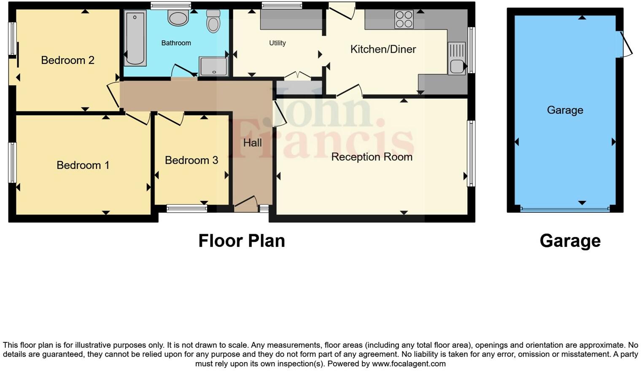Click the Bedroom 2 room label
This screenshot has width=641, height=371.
pyautogui.click(x=67, y=60)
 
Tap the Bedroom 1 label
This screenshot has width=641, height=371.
pyautogui.click(x=83, y=165)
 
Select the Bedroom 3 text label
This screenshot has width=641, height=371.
pyautogui.click(x=191, y=160)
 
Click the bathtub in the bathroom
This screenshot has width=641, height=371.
pyautogui.click(x=135, y=38)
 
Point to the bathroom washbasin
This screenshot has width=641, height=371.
pyautogui.click(x=178, y=18)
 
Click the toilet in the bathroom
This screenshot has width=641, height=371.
pyautogui.click(x=213, y=21)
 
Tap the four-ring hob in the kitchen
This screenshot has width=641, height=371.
pyautogui.click(x=404, y=19)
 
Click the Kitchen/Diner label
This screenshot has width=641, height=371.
pyautogui.click(x=383, y=49)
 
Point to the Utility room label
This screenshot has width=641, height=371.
pyautogui.click(x=277, y=43)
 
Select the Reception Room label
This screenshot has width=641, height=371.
pyautogui.click(x=372, y=157)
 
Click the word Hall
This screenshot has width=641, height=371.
pyautogui.click(x=252, y=143)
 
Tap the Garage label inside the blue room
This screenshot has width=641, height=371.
pyautogui.click(x=565, y=110)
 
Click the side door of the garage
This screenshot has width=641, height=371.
pyautogui.click(x=625, y=44)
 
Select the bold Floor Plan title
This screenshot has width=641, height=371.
pyautogui.click(x=242, y=241)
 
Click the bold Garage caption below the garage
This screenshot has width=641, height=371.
pyautogui.click(x=570, y=241)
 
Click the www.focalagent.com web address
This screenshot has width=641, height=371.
pyautogui.click(x=409, y=364)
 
